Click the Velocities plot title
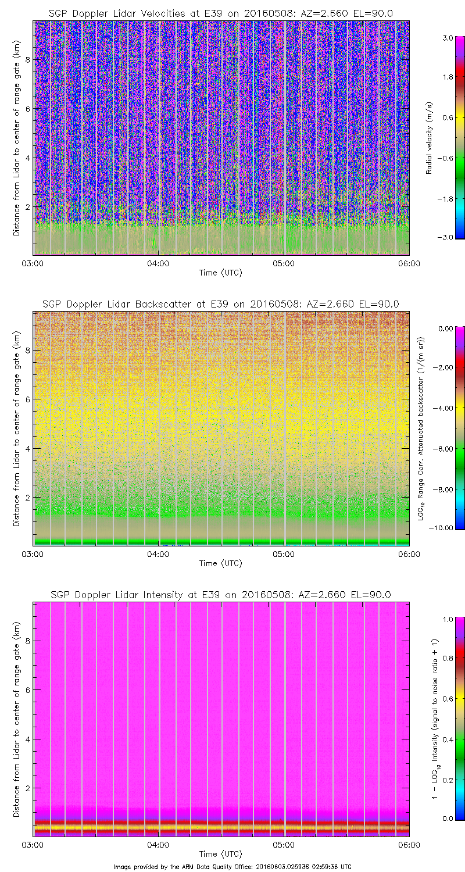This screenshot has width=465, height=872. click(221, 13)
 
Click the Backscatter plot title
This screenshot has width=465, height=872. click(221, 304)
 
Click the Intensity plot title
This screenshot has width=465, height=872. click(221, 595)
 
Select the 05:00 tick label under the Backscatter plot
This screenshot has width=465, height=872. click(284, 554)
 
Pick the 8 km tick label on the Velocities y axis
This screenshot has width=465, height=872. click(26, 59)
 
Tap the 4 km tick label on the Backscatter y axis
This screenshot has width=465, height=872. click(26, 448)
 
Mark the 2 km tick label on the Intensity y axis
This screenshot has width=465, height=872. click(26, 788)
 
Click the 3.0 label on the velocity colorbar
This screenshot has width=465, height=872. click(446, 38)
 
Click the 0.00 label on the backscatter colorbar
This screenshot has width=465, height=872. click(445, 328)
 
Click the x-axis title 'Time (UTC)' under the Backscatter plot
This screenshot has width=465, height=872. click(221, 563)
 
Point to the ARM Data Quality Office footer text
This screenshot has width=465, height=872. click(233, 867)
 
